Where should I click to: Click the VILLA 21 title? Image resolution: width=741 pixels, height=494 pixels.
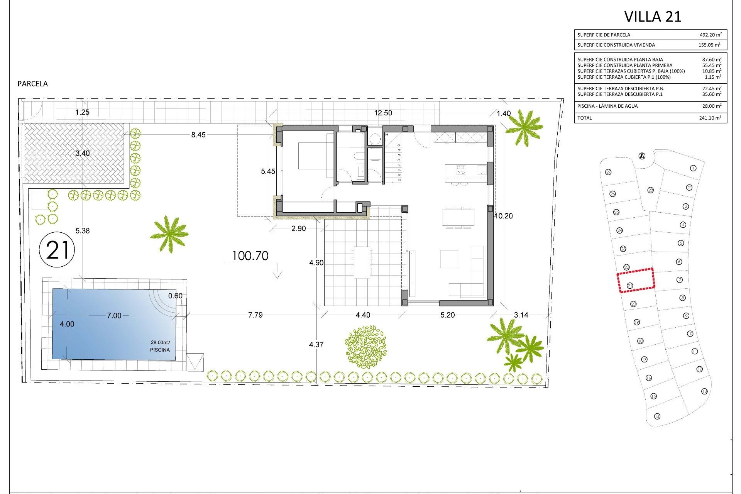click(653, 17)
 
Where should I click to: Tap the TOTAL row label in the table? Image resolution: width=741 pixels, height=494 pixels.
click(584, 118)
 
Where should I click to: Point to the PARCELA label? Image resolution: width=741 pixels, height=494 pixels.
click(33, 84)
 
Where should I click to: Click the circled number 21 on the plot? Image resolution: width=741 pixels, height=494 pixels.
click(57, 250)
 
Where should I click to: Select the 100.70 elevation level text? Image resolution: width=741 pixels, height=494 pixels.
click(250, 256)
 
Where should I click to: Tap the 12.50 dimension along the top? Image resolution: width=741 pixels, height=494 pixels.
click(383, 113)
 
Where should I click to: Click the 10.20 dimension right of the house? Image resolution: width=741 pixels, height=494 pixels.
click(504, 216)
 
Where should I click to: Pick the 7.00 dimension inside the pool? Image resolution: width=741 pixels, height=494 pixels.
click(114, 316)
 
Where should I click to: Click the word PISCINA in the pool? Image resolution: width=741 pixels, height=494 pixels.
click(160, 350)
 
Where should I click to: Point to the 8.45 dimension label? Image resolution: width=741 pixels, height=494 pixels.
click(198, 135)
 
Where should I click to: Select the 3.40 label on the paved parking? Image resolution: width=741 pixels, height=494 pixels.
click(82, 153)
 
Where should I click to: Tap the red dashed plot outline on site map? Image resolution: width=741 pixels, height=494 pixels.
click(636, 280)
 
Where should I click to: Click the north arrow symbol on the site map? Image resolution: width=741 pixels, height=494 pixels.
click(642, 156)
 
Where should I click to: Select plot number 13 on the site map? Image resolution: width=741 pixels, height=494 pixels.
click(704, 391)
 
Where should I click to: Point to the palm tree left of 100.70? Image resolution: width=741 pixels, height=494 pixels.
click(169, 233)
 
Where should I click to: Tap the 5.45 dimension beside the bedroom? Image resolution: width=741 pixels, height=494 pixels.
click(268, 171)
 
